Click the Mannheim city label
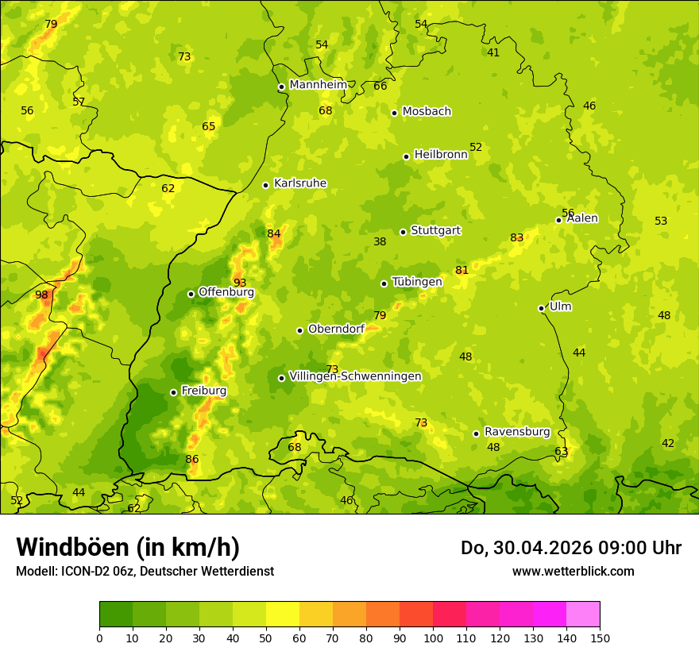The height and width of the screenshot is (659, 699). [318, 85]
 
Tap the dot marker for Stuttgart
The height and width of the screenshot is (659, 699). [404, 232]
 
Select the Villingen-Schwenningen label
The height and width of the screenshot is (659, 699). [355, 376]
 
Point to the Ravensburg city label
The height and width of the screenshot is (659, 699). [517, 432]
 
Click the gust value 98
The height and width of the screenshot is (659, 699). [41, 295]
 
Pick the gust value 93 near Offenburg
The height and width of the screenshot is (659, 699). [240, 283]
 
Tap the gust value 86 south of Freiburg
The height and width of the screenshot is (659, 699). [192, 460]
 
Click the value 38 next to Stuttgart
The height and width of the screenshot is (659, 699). [380, 242]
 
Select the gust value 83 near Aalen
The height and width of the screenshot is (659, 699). [517, 238]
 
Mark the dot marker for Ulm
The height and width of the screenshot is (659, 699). [541, 308]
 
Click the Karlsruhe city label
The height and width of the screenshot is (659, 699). [300, 183]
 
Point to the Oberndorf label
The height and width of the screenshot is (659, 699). [336, 329]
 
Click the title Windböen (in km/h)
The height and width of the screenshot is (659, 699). [128, 547]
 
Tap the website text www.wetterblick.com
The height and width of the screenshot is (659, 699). [573, 572]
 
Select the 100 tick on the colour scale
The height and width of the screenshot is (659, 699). [433, 638]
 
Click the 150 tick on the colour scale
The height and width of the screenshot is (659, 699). [600, 638]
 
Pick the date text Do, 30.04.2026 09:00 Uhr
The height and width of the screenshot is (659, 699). [571, 548]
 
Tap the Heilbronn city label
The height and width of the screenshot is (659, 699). [441, 155]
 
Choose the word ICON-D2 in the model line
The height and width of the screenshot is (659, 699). [82, 572]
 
